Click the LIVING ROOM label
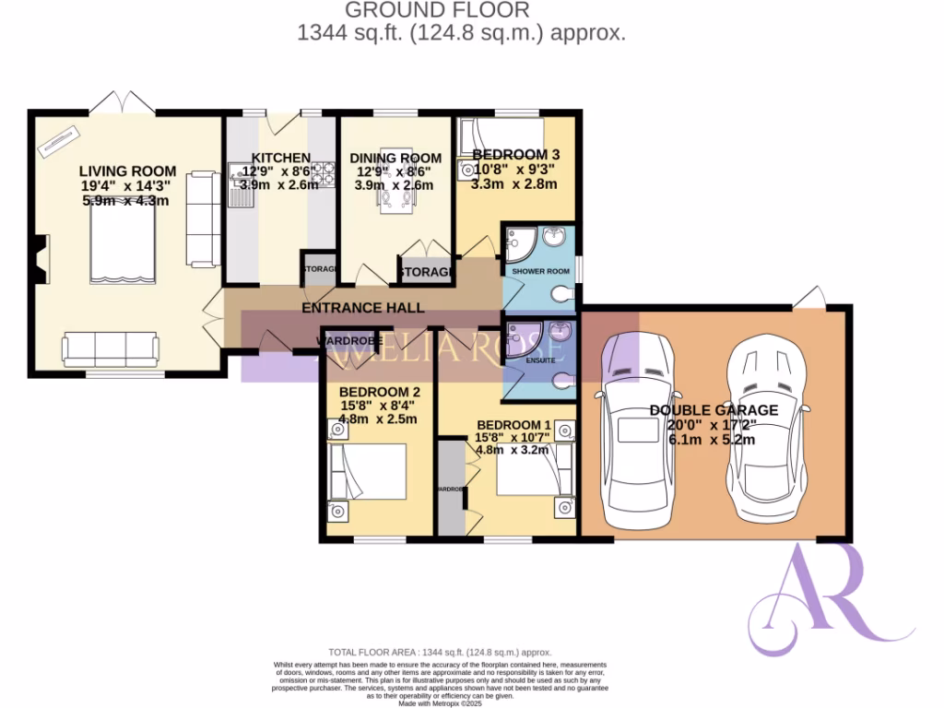click(x=127, y=171)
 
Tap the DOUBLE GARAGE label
click(x=714, y=410)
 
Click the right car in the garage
click(x=768, y=431)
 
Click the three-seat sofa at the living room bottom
click(x=111, y=349)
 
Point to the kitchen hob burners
click(x=324, y=171)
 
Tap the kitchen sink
click(x=243, y=171)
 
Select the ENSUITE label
click(x=540, y=360)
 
